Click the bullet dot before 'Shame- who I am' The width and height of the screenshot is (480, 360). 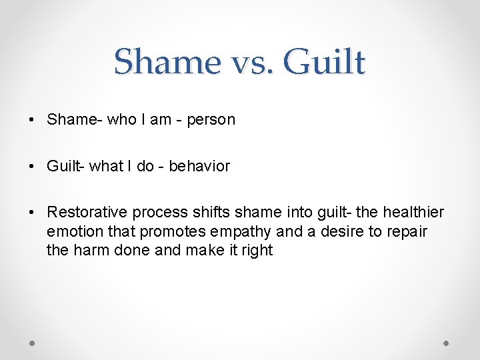pos(32,120)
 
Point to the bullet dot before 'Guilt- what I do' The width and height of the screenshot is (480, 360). pos(32,167)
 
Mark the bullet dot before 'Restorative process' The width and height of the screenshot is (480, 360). pos(32,213)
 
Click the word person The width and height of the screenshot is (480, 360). pos(211,121)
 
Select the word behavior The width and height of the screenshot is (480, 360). pos(199,166)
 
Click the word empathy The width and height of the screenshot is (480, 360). pos(240,232)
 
